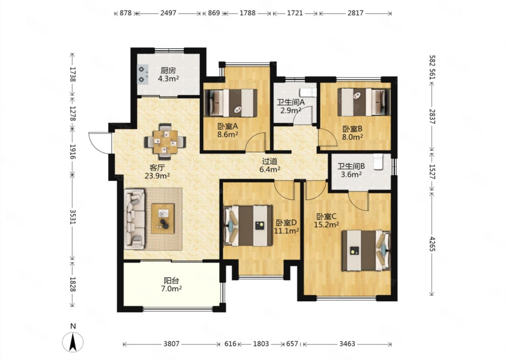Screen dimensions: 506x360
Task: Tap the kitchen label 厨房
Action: (168, 71)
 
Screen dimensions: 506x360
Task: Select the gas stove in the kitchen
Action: (143, 74)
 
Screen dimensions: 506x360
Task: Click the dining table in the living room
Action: (166, 142)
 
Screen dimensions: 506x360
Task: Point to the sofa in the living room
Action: (134, 219)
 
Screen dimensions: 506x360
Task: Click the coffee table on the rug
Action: (163, 219)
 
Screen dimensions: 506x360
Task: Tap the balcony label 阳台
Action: (171, 281)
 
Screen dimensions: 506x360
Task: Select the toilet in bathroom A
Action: (308, 92)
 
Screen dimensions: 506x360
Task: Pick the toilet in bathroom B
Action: (378, 161)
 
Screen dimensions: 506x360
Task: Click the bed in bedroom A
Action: (231, 103)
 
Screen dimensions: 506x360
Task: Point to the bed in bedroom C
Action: (366, 250)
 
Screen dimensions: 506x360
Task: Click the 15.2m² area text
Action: (326, 225)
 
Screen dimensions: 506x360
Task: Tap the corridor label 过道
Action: (270, 161)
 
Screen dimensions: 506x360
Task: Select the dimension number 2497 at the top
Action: (168, 13)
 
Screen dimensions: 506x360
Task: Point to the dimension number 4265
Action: (432, 244)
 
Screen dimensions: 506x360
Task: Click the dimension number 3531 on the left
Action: (73, 217)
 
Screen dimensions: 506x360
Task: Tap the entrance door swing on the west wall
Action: (100, 143)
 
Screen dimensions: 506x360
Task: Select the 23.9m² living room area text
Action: (157, 175)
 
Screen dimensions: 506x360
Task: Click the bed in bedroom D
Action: (248, 226)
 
